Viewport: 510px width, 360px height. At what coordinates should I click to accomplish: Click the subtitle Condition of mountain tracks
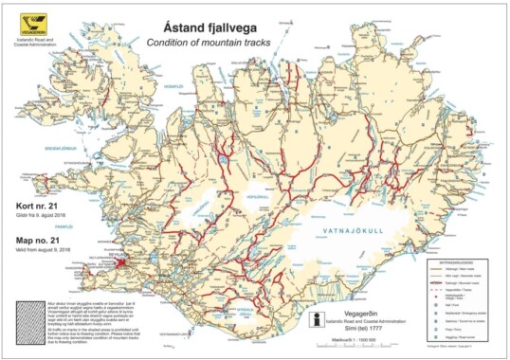211,44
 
